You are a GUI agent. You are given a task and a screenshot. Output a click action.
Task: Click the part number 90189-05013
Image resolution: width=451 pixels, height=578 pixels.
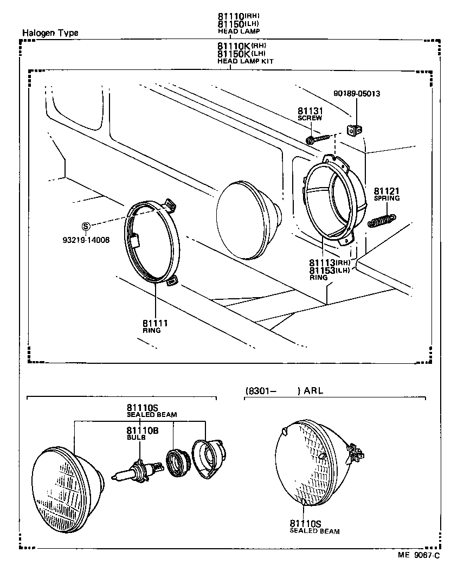point(357,93)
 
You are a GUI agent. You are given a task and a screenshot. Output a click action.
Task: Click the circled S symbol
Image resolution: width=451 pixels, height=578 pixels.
point(85,226)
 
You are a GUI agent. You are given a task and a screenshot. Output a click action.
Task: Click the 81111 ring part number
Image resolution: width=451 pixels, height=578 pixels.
point(156,323)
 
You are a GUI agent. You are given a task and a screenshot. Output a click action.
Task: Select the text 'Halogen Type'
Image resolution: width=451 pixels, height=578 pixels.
point(50,33)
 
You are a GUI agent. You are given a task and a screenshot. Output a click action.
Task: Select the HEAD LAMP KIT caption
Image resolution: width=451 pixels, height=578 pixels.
point(245,61)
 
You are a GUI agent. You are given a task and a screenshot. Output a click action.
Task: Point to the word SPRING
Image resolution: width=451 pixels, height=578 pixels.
point(386,198)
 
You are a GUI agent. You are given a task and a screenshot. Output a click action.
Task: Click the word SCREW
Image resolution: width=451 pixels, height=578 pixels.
point(310,118)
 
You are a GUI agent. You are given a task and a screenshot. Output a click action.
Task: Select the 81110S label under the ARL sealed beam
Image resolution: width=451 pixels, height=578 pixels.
point(306,523)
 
